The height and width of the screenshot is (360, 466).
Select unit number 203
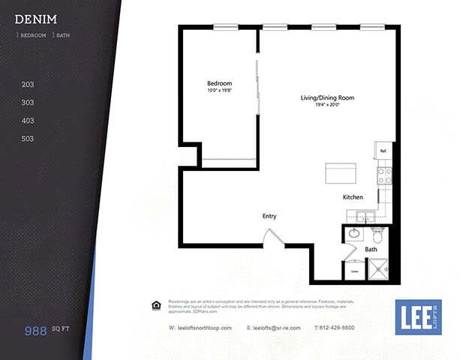pyautogui.click(x=29, y=85)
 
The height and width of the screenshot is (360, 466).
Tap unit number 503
pyautogui.click(x=29, y=139)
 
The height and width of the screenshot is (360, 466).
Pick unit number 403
pyautogui.click(x=29, y=121)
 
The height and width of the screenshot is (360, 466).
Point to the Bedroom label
pyautogui.click(x=219, y=83)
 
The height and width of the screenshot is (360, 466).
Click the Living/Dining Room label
pyautogui.click(x=327, y=98)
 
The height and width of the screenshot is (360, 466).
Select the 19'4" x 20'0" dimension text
pyautogui.click(x=327, y=106)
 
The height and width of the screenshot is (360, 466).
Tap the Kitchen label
pyautogui.click(x=353, y=197)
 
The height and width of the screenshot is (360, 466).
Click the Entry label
pyautogui.click(x=269, y=216)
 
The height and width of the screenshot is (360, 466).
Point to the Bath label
pyautogui.click(x=371, y=249)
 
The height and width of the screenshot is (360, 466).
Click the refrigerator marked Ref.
pyautogui.click(x=383, y=150)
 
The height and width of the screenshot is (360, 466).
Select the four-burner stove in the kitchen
pyautogui.click(x=383, y=176)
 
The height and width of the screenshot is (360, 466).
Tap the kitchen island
pyautogui.click(x=340, y=174)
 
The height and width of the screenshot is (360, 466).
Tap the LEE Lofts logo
pyautogui.click(x=419, y=317)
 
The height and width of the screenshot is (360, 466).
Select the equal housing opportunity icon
pyautogui.click(x=156, y=304)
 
